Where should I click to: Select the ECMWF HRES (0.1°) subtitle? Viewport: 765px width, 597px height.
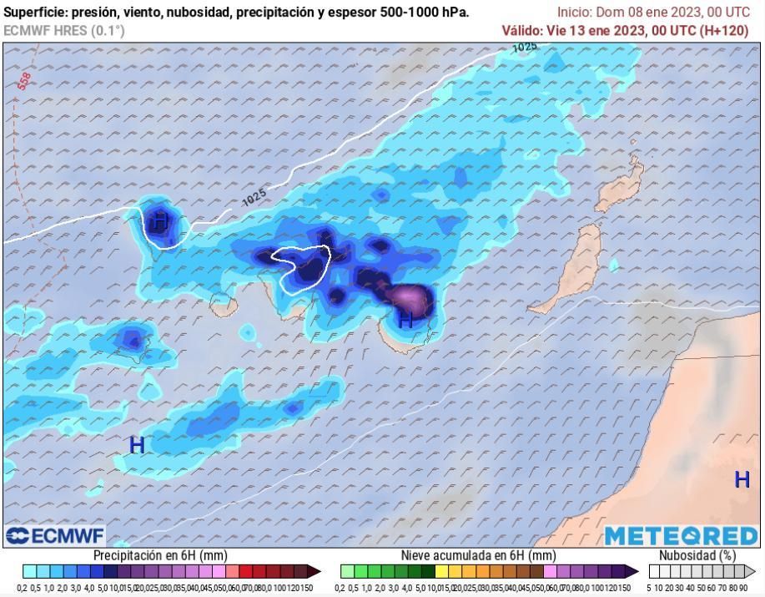[64, 30]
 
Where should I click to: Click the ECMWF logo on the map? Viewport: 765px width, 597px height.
[55, 535]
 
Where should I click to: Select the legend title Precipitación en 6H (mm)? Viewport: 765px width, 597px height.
[159, 555]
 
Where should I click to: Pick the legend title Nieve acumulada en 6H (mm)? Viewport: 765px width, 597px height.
[478, 555]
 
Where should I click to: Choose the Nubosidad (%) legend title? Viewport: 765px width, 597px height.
[697, 555]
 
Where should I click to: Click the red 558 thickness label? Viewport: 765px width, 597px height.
[23, 80]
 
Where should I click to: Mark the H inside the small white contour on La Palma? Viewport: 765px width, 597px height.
[160, 222]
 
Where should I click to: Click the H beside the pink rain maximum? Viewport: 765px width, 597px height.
[405, 319]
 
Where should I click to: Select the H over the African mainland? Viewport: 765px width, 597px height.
[741, 480]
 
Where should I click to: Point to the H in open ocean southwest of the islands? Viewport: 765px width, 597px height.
[137, 445]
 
